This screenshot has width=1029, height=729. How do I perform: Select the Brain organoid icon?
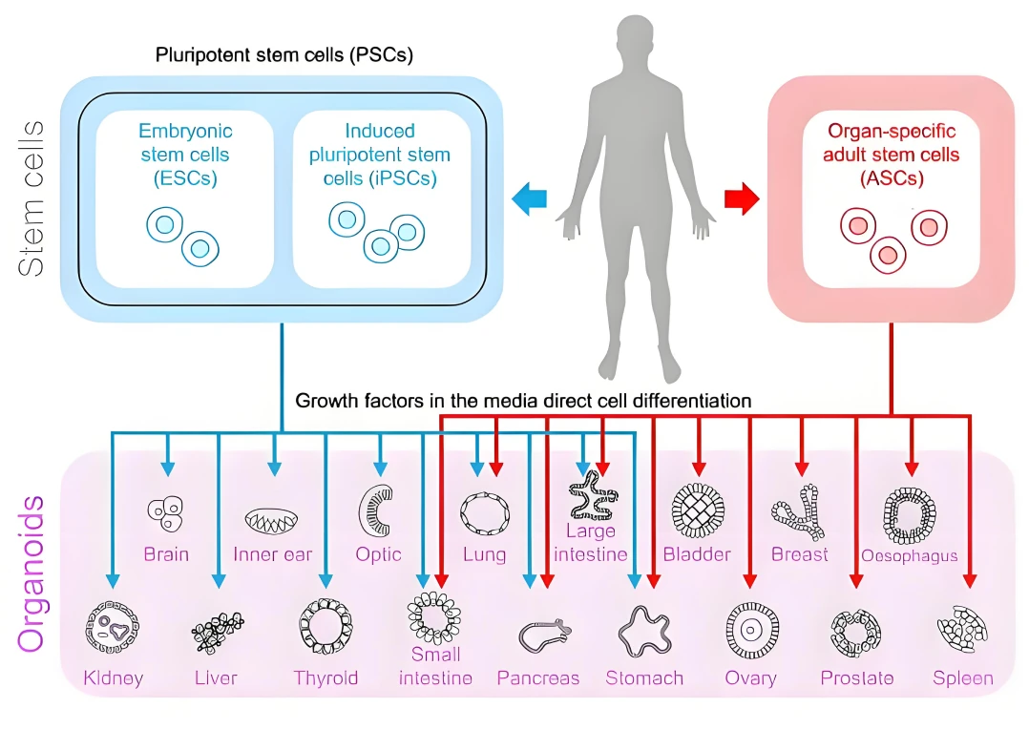165,513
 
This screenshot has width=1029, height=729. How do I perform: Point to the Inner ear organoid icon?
272,518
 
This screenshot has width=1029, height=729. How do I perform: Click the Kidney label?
113,678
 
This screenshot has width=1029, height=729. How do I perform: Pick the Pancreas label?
538,678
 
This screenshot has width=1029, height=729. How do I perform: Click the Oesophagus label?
909,555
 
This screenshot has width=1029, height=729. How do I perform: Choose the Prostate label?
857,678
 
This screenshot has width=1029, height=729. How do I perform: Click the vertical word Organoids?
31,573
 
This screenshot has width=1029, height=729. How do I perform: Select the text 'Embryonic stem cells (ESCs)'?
185,154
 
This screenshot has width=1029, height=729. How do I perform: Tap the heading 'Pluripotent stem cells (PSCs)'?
283,53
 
